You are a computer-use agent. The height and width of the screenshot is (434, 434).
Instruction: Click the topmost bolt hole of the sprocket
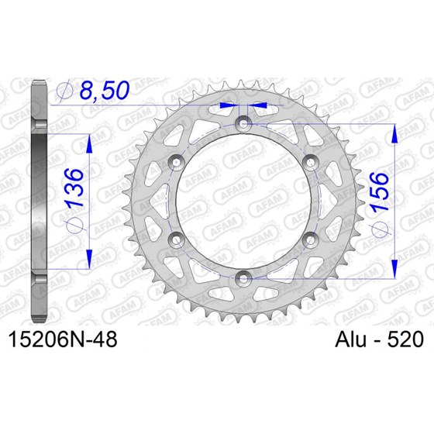244,122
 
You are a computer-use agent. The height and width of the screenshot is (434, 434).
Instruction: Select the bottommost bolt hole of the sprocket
244,276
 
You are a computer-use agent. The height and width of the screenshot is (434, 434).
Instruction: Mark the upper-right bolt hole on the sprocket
311,160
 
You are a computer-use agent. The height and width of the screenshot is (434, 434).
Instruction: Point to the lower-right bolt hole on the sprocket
311,237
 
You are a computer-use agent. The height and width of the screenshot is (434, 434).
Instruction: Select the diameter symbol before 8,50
66,92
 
